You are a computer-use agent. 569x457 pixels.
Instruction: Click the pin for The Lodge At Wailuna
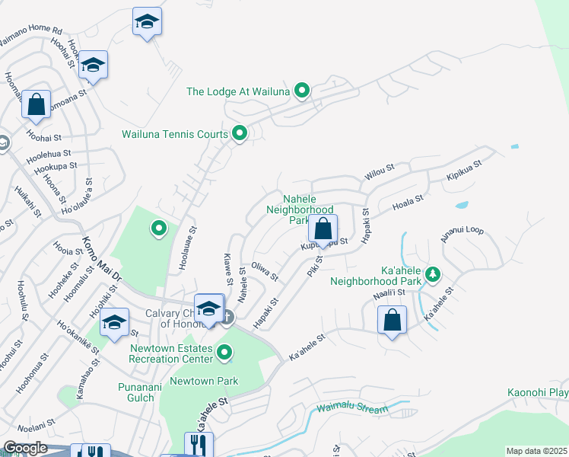(302, 91)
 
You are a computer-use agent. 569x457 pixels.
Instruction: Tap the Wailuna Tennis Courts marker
(240, 134)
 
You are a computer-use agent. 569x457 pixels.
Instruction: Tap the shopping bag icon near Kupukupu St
(323, 228)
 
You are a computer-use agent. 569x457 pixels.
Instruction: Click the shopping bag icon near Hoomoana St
(36, 104)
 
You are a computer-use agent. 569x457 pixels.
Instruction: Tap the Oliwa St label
(265, 273)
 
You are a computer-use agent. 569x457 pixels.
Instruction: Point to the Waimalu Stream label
(353, 409)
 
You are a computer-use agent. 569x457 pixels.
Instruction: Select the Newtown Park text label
(204, 381)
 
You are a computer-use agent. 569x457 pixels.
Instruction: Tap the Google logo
(24, 449)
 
